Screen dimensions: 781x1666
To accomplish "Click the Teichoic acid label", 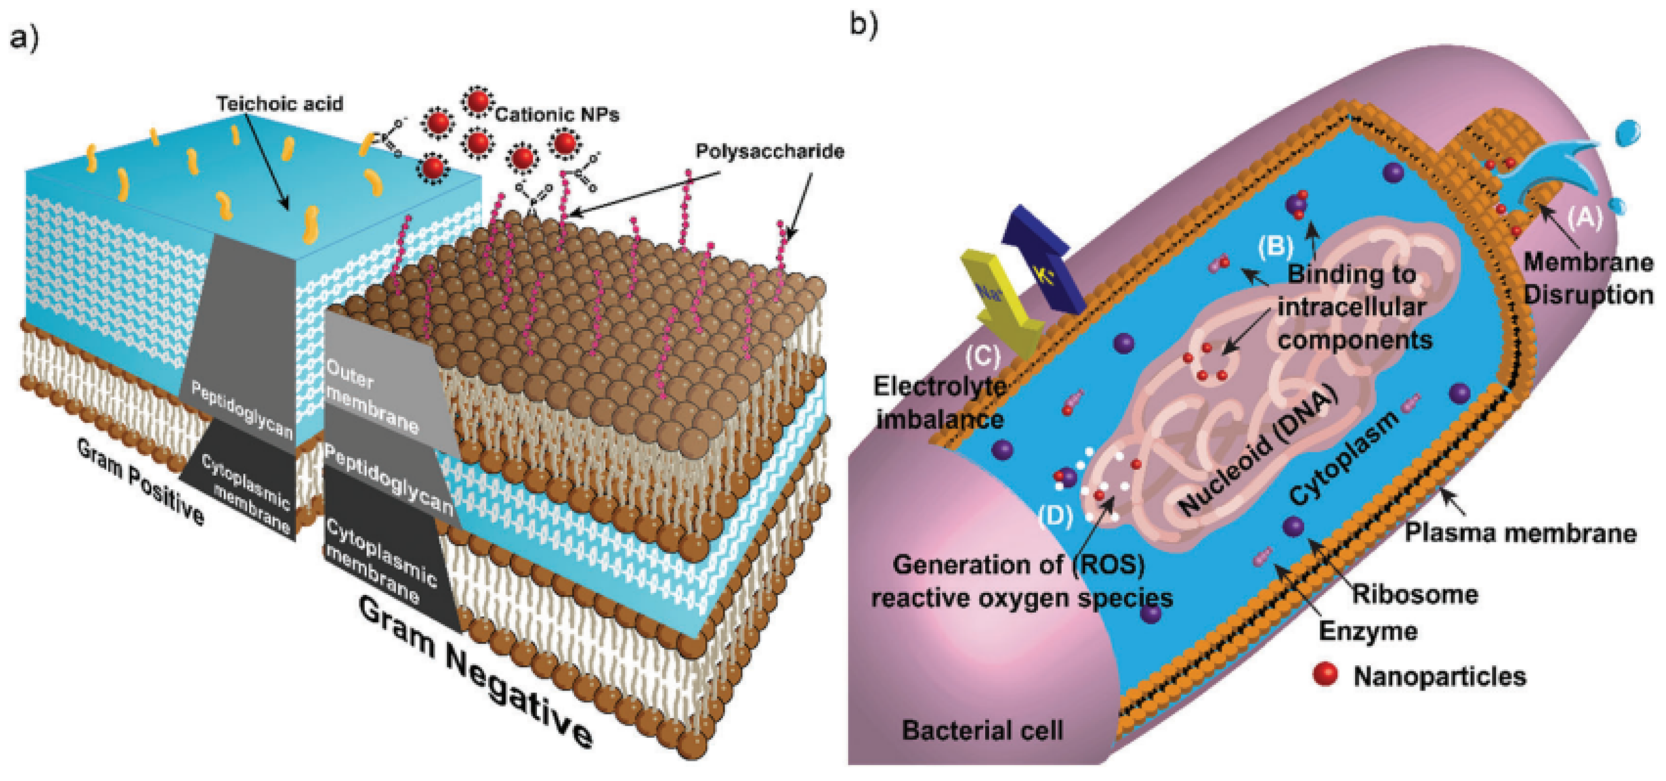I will (279, 104).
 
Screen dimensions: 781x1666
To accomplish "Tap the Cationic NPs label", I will (557, 115).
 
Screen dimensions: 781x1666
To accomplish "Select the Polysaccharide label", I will (770, 151).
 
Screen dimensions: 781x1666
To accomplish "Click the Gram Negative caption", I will (475, 672).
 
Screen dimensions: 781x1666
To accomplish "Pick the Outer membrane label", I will (371, 396).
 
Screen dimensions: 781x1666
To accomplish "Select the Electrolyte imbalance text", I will (939, 403).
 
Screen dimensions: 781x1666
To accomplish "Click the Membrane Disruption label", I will (1588, 279).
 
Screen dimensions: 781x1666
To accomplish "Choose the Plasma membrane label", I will (1521, 534).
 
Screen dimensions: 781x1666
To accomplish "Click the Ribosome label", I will (1415, 594).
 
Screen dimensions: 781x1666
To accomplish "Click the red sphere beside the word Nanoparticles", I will (1325, 674).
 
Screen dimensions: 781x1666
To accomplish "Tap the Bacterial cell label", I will (982, 731).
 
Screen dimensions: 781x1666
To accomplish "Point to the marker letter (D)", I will (1056, 516).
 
